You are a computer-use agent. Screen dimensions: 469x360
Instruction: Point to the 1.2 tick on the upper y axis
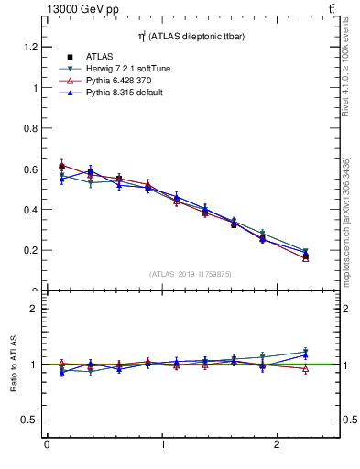pos(31,47)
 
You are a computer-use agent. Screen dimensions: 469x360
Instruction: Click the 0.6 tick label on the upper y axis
pos(31,169)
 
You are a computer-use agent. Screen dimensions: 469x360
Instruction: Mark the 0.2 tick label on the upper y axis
pos(31,250)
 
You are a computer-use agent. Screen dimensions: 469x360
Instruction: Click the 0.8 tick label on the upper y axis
pos(31,128)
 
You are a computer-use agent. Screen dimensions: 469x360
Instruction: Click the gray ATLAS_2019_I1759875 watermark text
pos(191,274)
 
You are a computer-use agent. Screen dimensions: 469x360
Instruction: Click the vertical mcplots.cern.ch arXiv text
pos(349,202)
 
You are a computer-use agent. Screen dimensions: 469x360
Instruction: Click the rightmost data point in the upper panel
pos(305,256)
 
